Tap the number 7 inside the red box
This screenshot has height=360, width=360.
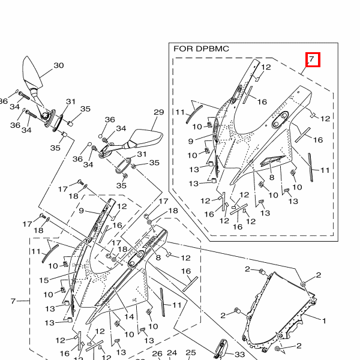pos(312,60)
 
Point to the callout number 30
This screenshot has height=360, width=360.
pos(59,65)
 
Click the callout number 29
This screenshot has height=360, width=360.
pos(158,112)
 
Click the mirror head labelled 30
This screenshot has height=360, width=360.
pos(32,71)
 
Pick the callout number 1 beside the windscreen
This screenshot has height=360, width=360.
pos(324,321)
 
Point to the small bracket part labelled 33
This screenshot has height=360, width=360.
pos(220,349)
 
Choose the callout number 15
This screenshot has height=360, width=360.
pos(44,280)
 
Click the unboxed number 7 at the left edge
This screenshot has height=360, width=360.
pos(13,300)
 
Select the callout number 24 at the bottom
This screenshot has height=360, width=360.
pos(172,353)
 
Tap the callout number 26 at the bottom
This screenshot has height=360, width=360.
pos(158,354)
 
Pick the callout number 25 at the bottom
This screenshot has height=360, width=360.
pos(191,353)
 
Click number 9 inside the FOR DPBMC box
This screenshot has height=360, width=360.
pos(190,141)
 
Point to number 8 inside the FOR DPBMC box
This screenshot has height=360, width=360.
pos(271,178)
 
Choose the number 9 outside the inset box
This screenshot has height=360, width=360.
pos(81,211)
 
